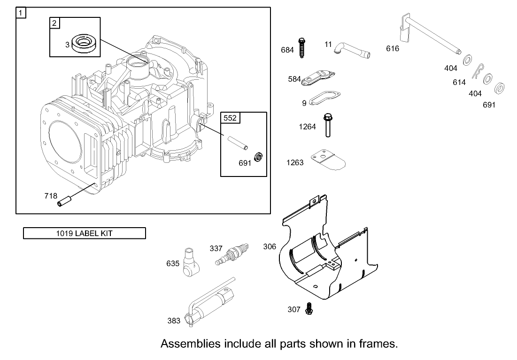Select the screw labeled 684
click(301, 47)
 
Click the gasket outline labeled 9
click(324, 100)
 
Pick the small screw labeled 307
click(309, 308)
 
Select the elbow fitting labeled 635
click(190, 263)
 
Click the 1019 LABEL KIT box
click(85, 233)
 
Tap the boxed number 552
click(230, 118)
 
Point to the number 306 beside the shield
click(270, 246)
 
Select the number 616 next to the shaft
click(393, 48)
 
